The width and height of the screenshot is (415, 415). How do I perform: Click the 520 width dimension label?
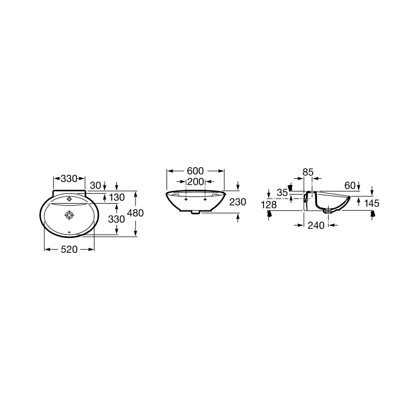tap(69, 250)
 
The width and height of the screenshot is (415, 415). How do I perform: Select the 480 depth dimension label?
tap(135, 213)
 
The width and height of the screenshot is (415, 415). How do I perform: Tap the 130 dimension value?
tap(117, 197)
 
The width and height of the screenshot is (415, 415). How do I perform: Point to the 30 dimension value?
tap(95, 185)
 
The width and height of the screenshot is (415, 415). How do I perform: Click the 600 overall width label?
tap(195, 171)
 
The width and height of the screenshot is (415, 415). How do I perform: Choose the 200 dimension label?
tap(195, 182)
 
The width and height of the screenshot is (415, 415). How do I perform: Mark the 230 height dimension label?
tap(238, 202)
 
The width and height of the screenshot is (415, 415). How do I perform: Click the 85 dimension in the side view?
tap(308, 172)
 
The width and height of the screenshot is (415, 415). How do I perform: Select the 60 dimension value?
tap(350, 185)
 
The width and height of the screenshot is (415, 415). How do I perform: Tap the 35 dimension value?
tap(282, 193)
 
